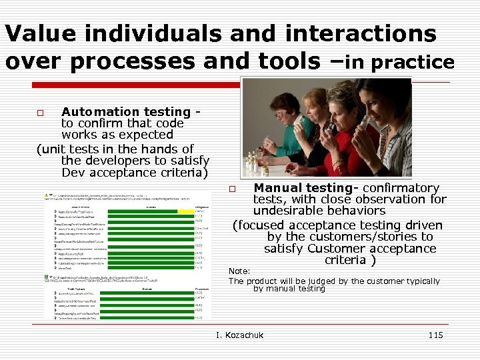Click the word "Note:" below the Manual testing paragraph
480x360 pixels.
tap(239, 271)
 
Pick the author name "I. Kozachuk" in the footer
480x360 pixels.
tap(240, 335)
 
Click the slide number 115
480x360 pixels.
tap(435, 335)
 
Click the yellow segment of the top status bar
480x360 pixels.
tap(185, 211)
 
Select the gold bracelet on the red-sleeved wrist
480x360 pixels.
tap(337, 162)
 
